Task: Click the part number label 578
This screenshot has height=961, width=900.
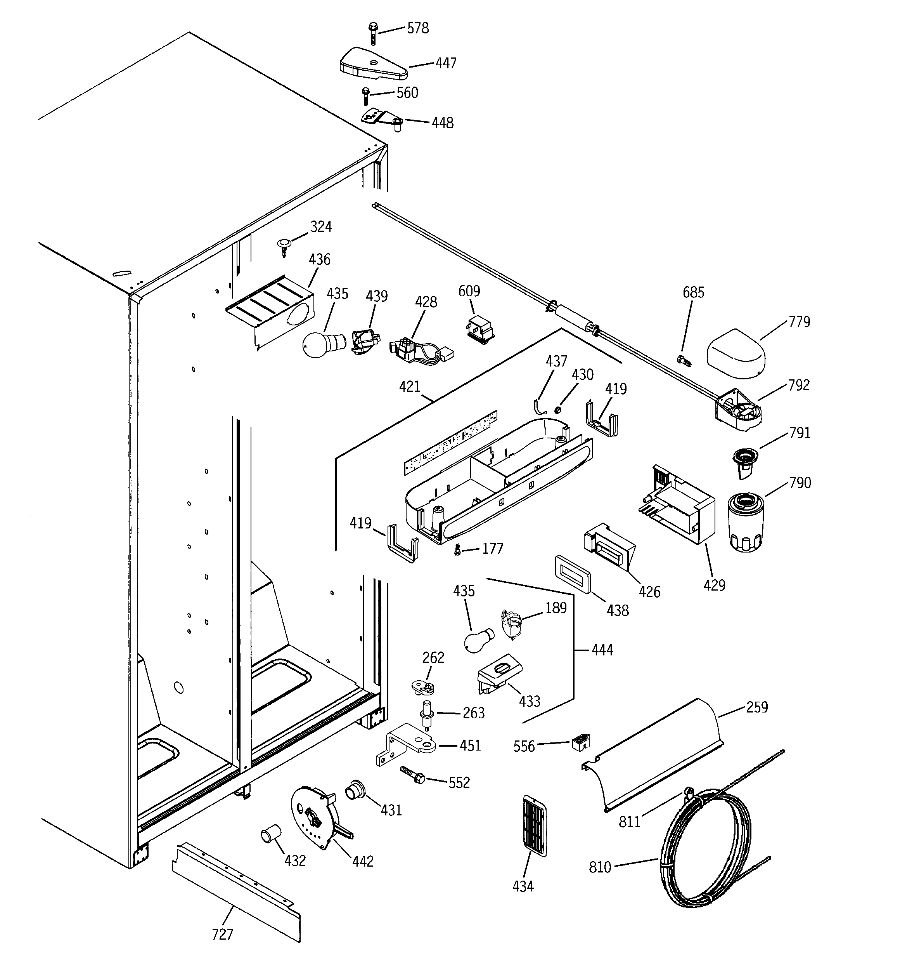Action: click(417, 28)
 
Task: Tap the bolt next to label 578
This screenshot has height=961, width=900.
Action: click(372, 33)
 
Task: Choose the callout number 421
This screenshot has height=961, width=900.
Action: click(410, 387)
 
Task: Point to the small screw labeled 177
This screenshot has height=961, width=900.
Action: click(457, 550)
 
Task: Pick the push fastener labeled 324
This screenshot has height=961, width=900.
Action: click(284, 246)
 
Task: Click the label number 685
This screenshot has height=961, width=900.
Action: click(693, 292)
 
